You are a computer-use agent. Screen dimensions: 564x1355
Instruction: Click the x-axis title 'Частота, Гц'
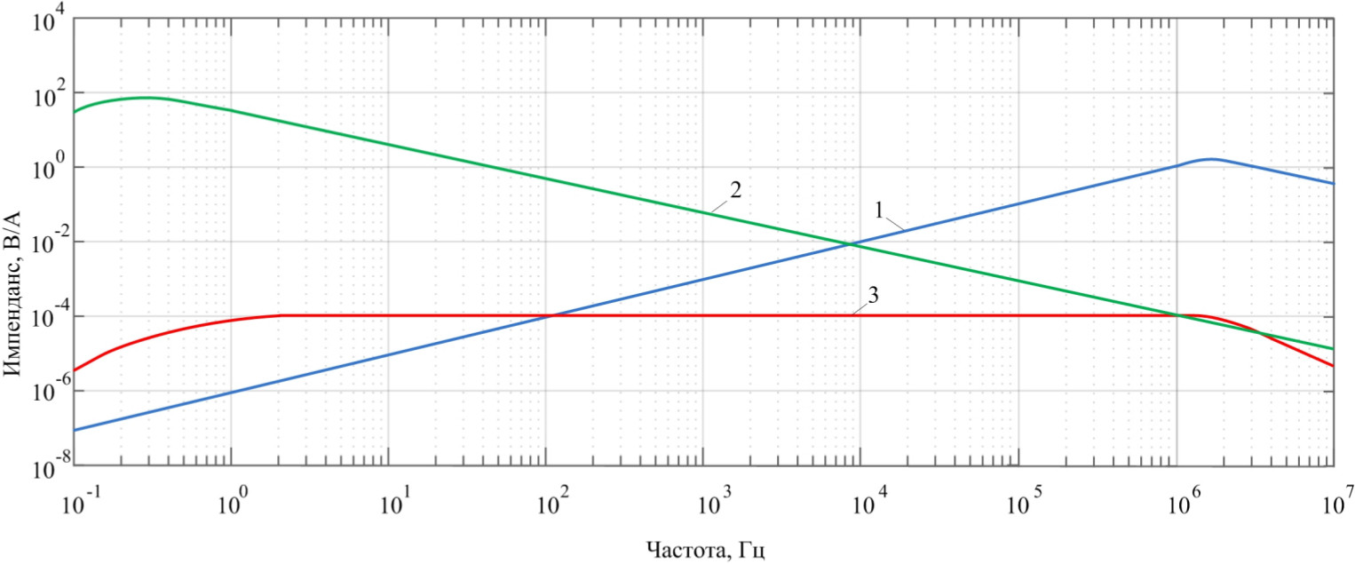click(x=704, y=550)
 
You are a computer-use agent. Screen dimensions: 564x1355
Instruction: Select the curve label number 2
click(x=735, y=189)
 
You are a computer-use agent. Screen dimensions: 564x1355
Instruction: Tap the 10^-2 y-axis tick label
click(x=41, y=242)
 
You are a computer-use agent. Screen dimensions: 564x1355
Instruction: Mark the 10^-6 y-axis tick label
click(x=41, y=392)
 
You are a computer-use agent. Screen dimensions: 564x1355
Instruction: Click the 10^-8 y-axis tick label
click(x=41, y=467)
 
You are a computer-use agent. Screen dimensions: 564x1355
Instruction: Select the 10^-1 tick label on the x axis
click(x=79, y=502)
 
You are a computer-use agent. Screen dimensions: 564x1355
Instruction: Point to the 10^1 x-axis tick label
click(x=394, y=502)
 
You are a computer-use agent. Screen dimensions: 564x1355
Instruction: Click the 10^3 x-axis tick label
click(x=709, y=502)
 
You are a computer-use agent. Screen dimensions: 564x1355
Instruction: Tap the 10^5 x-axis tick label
click(x=1025, y=502)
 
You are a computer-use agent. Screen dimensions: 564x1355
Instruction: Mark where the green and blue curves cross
click(x=850, y=243)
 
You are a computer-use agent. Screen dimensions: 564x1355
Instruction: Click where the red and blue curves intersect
click(x=550, y=315)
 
